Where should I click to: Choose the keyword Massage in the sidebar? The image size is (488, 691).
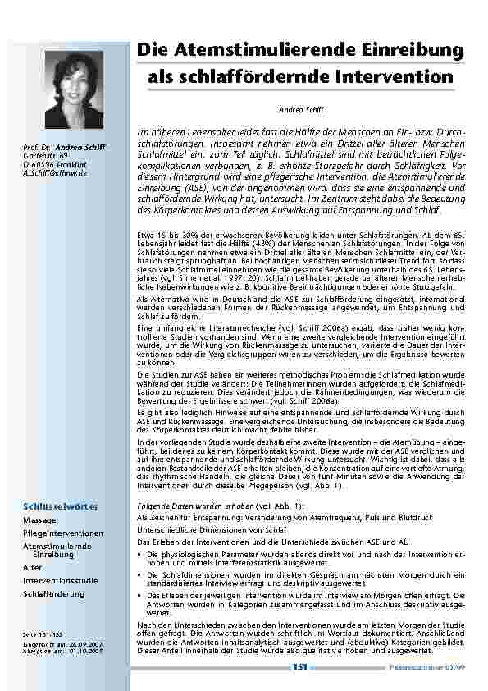(40, 520)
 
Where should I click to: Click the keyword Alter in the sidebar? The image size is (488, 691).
(33, 567)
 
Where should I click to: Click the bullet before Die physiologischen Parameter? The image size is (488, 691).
(139, 555)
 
